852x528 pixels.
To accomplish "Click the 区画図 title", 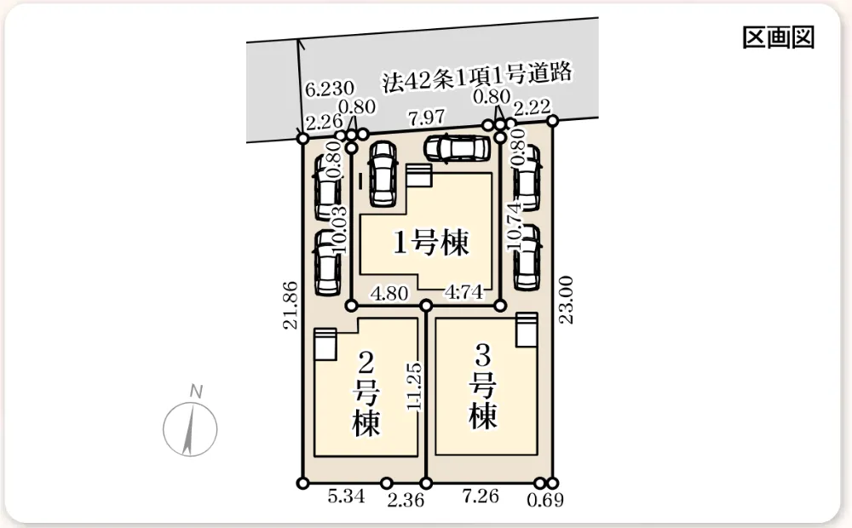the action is (778, 37).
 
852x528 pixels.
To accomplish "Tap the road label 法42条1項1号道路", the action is (477, 77).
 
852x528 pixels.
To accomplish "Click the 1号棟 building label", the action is (431, 243).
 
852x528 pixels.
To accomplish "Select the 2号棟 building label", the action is (366, 393).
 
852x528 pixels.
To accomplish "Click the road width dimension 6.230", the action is (329, 89).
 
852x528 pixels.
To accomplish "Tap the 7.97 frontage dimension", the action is (427, 118).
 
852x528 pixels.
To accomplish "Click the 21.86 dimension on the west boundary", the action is (291, 305).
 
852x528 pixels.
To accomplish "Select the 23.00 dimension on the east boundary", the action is (567, 300).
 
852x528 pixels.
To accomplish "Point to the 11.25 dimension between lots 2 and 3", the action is (413, 387).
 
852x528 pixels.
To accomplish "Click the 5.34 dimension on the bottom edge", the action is (346, 496).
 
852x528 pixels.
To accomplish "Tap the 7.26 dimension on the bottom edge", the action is (481, 496).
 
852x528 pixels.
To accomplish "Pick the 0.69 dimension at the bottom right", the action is (545, 500).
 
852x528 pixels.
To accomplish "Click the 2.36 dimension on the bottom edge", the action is (406, 500).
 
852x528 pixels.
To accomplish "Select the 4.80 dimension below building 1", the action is (389, 293).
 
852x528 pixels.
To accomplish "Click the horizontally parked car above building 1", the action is (458, 148).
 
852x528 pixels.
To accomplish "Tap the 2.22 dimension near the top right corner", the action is (532, 107).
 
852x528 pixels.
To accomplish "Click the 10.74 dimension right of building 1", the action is (514, 226).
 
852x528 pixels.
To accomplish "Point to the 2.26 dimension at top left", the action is (324, 122).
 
